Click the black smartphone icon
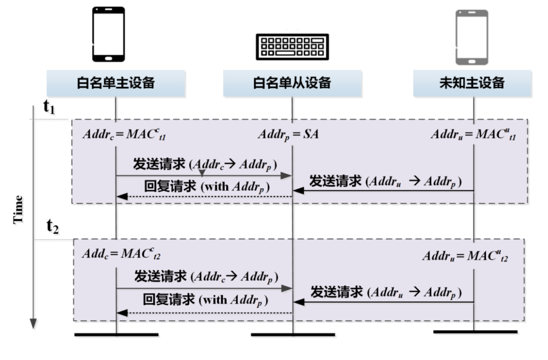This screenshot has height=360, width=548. coord(108,34)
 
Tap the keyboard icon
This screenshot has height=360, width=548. coord(292,46)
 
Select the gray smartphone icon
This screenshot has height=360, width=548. coord(471,37)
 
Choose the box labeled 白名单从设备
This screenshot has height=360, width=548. coord(292,83)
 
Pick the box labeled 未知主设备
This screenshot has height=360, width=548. coord(472,83)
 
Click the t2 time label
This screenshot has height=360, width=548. coord(53,227)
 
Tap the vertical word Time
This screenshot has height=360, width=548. coord(19,209)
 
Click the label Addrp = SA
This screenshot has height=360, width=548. coord(288,135)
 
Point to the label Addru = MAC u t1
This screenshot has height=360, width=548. coord(473,135)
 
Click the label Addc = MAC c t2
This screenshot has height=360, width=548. coord(122,253)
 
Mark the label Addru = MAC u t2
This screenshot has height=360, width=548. coord(465,255)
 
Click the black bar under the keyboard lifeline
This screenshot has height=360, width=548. coord(293,335)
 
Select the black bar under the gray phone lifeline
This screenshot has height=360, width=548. coord(475,332)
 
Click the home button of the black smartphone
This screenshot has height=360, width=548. coord(108,57)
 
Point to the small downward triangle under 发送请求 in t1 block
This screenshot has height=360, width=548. coord(202,173)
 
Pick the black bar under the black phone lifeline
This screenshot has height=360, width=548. coord(116,335)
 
